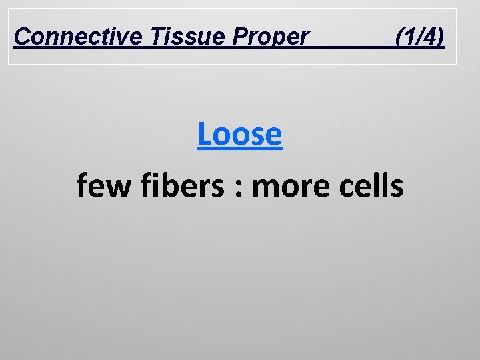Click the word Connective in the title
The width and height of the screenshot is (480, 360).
click(x=76, y=37)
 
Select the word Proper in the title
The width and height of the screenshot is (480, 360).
click(x=271, y=37)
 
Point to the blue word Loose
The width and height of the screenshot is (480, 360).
click(x=240, y=134)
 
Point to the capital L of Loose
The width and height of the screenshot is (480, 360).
click(x=205, y=134)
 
